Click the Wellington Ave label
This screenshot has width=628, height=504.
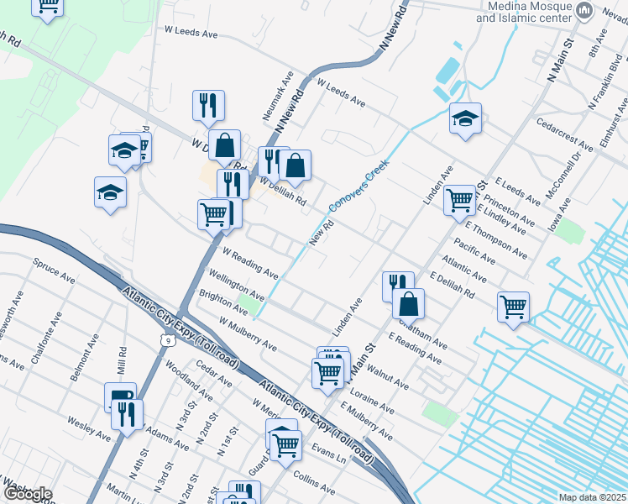click(237, 284)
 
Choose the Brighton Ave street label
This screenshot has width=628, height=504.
click(222, 302)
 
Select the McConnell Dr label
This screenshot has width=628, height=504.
click(564, 176)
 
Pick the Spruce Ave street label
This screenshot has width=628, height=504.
click(54, 270)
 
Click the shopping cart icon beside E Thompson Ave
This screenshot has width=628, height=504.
click(458, 200)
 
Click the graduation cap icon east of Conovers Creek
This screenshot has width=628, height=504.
click(464, 118)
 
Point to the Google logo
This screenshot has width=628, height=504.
click(28, 494)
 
